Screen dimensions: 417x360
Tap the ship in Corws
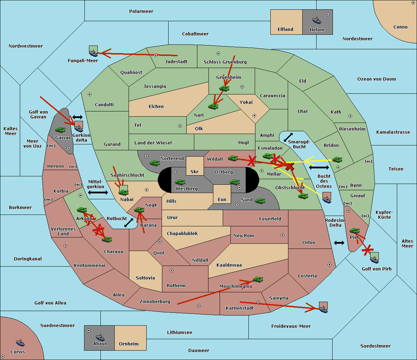coord(20,343)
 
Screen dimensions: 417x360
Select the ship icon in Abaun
coord(100,337)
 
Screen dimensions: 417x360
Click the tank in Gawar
coord(60,129)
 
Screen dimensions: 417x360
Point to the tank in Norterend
coord(155,163)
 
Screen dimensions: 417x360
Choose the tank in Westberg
coord(180,182)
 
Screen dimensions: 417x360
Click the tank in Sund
coord(260,201)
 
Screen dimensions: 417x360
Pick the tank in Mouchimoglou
coord(258,279)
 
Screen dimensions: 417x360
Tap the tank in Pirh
coord(354,231)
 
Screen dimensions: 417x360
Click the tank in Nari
coord(213,106)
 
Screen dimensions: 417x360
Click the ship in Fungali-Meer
coord(93,53)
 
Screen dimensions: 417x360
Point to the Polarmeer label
coord(141,11)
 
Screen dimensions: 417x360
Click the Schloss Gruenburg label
coord(225,62)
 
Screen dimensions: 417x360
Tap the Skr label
coord(195,171)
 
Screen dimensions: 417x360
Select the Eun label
coord(222,199)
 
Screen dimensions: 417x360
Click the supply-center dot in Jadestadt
coord(156,55)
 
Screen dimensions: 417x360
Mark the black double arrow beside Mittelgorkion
coord(98,192)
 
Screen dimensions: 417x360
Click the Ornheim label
coord(129,344)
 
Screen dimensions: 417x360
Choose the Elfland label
coord(285,30)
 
